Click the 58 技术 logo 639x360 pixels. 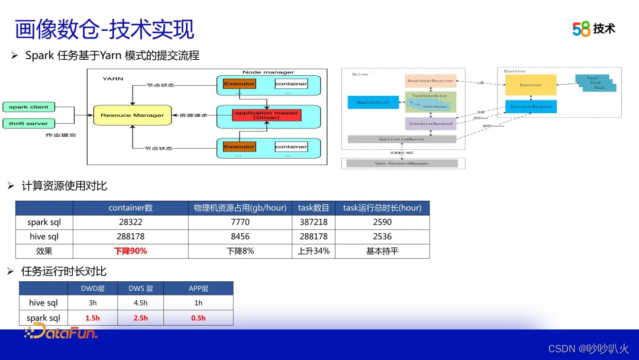(x=593, y=28)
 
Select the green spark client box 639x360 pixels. (x=28, y=107)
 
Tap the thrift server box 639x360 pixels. (x=28, y=124)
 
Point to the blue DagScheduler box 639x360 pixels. (x=373, y=102)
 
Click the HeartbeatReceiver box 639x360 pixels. (x=430, y=81)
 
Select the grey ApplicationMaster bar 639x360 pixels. (x=402, y=139)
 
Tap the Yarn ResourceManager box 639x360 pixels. (x=402, y=163)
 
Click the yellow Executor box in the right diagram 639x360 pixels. (x=530, y=85)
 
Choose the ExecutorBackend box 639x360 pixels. (x=530, y=107)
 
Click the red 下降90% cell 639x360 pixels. (x=131, y=251)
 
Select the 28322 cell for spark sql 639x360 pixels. (x=131, y=222)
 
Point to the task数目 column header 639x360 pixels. (x=314, y=208)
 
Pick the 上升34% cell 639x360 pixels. (x=314, y=251)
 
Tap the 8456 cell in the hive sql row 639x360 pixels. (x=240, y=236)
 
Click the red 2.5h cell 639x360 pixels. (x=141, y=318)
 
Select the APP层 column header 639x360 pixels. (x=198, y=288)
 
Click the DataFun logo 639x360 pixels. (x=61, y=332)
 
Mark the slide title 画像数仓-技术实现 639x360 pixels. (x=104, y=29)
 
